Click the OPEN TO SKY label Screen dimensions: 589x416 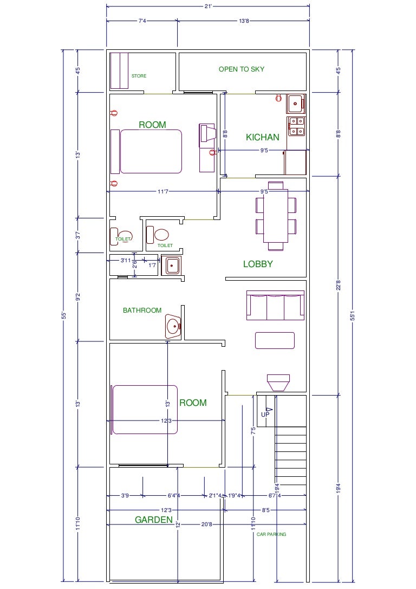coord(242,69)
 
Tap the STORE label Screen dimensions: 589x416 coord(139,76)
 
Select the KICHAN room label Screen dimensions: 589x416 coord(263,138)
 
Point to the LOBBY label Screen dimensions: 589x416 coord(258,264)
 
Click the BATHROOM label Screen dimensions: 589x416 coord(142,310)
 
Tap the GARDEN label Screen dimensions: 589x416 coord(154,520)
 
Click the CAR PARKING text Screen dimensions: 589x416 coord(271,534)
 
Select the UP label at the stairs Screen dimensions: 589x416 coord(265,415)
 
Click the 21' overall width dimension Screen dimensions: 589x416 coord(207,6)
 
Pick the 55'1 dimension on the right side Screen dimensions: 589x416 coord(353,315)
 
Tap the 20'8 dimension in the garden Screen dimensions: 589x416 coord(206,525)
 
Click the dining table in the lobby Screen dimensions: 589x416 coord(276,216)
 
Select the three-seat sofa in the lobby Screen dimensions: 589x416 coord(275,305)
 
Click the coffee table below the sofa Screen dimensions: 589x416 coord(275,340)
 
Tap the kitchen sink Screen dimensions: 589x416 coord(295,103)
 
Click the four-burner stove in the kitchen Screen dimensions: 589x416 coord(296,126)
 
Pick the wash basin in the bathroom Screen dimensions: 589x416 coord(173,326)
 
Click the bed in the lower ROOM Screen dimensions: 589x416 coord(145,409)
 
